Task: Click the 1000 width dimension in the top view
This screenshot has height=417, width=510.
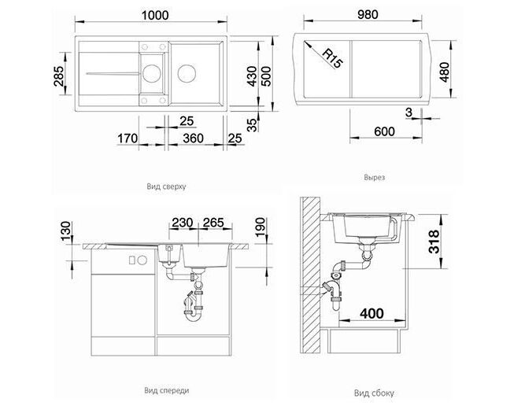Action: pyautogui.click(x=155, y=15)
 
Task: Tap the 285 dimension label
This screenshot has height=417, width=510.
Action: pyautogui.click(x=59, y=76)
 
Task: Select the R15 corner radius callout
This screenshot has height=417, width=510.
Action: pyautogui.click(x=332, y=58)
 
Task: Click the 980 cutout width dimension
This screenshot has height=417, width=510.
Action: pyautogui.click(x=368, y=15)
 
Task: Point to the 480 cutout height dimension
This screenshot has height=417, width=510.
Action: pyautogui.click(x=444, y=72)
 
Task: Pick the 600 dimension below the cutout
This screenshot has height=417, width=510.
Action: pyautogui.click(x=384, y=131)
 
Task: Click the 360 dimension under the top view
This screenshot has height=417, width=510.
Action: pyautogui.click(x=193, y=138)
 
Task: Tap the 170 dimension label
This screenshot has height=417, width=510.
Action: pyautogui.click(x=128, y=138)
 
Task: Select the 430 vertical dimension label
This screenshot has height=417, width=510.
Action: pyautogui.click(x=252, y=76)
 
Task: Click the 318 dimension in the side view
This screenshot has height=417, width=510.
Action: pyautogui.click(x=434, y=242)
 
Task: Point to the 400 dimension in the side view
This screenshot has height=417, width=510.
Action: pyautogui.click(x=371, y=313)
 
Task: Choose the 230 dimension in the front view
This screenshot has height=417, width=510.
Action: pyautogui.click(x=183, y=223)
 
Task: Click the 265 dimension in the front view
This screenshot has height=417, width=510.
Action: pyautogui.click(x=213, y=223)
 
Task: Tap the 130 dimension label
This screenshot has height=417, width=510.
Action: pyautogui.click(x=65, y=231)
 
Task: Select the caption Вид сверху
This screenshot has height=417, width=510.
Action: pyautogui.click(x=166, y=186)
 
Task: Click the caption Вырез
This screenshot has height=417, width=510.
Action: pyautogui.click(x=375, y=178)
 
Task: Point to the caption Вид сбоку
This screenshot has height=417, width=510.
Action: pyautogui.click(x=374, y=393)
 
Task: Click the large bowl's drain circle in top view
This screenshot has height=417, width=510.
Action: pyautogui.click(x=187, y=73)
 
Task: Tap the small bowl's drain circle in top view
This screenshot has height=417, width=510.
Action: pyautogui.click(x=152, y=73)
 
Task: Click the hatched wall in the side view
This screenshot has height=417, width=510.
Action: pyautogui.click(x=310, y=275)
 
